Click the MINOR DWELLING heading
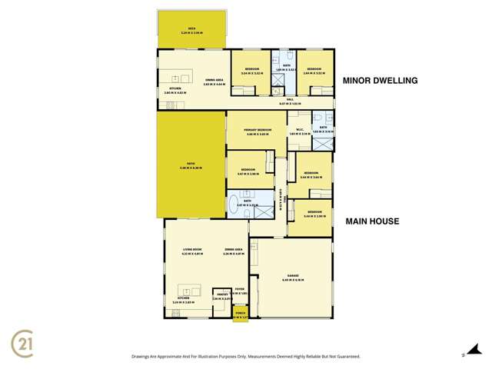(x=380, y=79)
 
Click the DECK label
(x=191, y=26)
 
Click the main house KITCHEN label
(x=183, y=298)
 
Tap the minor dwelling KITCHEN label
(x=174, y=88)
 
